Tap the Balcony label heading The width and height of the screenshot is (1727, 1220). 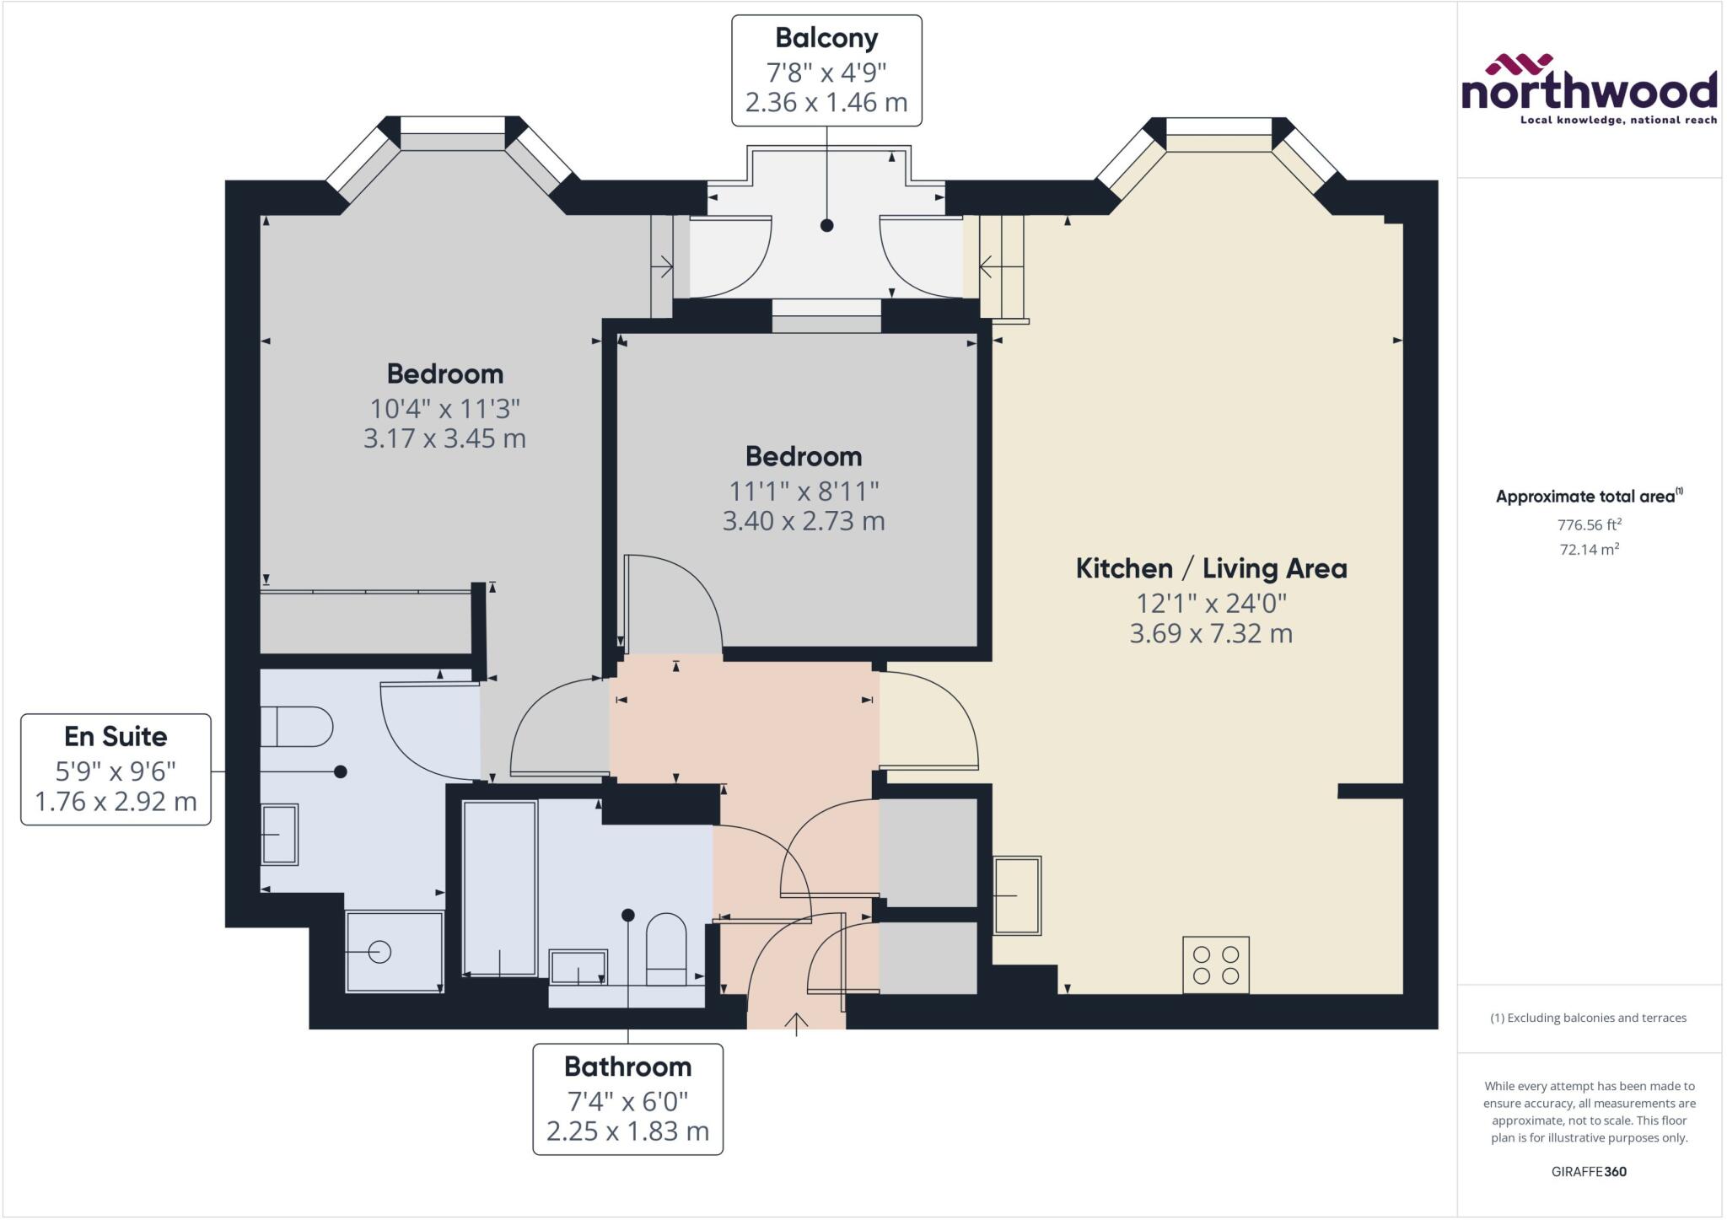[x=826, y=38]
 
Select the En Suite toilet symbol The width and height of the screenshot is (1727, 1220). [x=295, y=727]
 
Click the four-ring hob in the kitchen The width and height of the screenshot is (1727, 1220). [x=1215, y=965]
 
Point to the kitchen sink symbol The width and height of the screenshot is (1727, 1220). [x=1017, y=895]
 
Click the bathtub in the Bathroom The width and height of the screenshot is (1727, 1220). [x=499, y=888]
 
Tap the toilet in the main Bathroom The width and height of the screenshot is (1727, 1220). [x=666, y=949]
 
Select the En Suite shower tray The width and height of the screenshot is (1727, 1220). [x=395, y=951]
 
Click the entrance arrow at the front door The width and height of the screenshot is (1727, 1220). [x=796, y=1021]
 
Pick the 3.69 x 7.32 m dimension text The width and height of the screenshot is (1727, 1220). [x=1211, y=633]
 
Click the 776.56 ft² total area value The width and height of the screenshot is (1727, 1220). [x=1589, y=524]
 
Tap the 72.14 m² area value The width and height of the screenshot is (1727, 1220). [x=1589, y=550]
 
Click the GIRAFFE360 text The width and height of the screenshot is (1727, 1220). [x=1589, y=1171]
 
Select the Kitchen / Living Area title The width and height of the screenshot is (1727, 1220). [x=1211, y=568]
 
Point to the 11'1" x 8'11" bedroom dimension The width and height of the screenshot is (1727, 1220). [x=804, y=490]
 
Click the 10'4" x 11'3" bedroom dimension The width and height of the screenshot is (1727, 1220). [x=444, y=408]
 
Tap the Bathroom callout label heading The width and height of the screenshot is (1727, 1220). [x=627, y=1067]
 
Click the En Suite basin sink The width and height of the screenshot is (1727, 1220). [x=279, y=834]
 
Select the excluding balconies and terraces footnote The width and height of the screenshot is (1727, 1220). [x=1589, y=1018]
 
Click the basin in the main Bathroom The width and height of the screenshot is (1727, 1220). [x=578, y=967]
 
